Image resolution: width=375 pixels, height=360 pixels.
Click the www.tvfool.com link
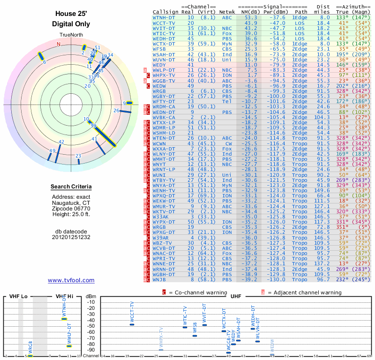(x=71, y=280)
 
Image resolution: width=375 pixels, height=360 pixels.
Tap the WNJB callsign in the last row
(x=159, y=279)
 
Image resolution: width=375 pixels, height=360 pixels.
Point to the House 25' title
(x=71, y=14)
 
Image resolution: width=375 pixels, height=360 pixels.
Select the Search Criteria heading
(x=71, y=187)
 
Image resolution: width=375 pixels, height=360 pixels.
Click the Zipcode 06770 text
(x=71, y=209)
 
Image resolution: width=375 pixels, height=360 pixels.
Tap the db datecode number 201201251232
(x=71, y=237)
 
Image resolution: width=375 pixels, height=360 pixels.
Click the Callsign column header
(x=165, y=12)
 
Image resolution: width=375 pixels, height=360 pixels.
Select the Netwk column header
(x=227, y=12)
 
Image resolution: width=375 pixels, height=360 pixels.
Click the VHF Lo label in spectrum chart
(x=18, y=296)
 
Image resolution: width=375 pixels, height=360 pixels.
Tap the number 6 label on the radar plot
(x=44, y=62)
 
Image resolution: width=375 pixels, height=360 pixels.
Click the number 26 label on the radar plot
(x=116, y=111)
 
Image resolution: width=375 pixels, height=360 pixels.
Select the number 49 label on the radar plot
(x=52, y=150)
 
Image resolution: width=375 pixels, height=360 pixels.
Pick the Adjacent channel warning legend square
(x=263, y=292)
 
